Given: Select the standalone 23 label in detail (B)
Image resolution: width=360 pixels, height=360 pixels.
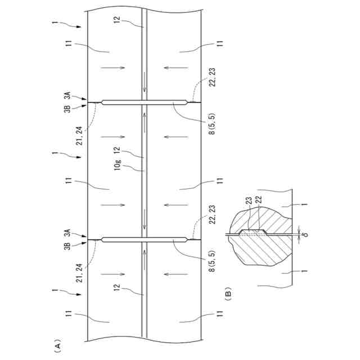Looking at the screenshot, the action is click(248, 199).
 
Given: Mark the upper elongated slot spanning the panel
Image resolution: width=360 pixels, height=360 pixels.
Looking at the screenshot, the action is click(145, 102).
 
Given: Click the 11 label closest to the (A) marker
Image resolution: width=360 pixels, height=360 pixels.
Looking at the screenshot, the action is click(69, 318).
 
